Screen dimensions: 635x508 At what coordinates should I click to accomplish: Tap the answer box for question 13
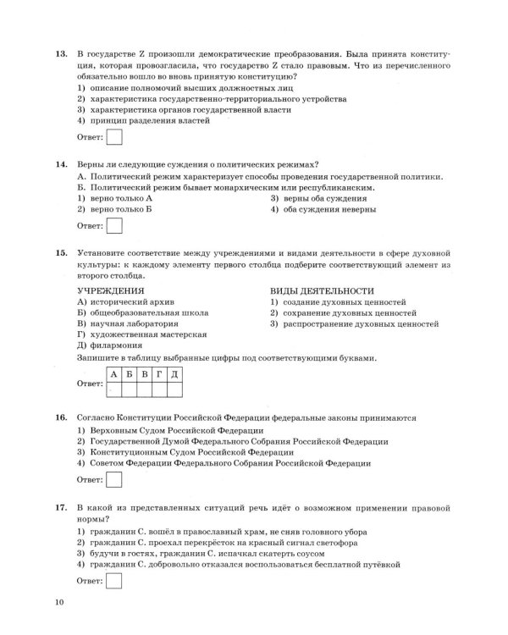tap(114, 136)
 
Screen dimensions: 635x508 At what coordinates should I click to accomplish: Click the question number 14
tap(59, 163)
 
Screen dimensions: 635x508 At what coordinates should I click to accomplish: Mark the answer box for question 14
tap(114, 225)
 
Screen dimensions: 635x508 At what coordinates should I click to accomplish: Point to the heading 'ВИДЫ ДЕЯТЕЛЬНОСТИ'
tap(322, 290)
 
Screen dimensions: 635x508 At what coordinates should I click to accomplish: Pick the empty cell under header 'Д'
tap(173, 389)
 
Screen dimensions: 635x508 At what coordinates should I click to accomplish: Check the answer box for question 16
tap(114, 480)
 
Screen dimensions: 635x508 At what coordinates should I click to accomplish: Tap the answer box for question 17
tap(114, 580)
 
